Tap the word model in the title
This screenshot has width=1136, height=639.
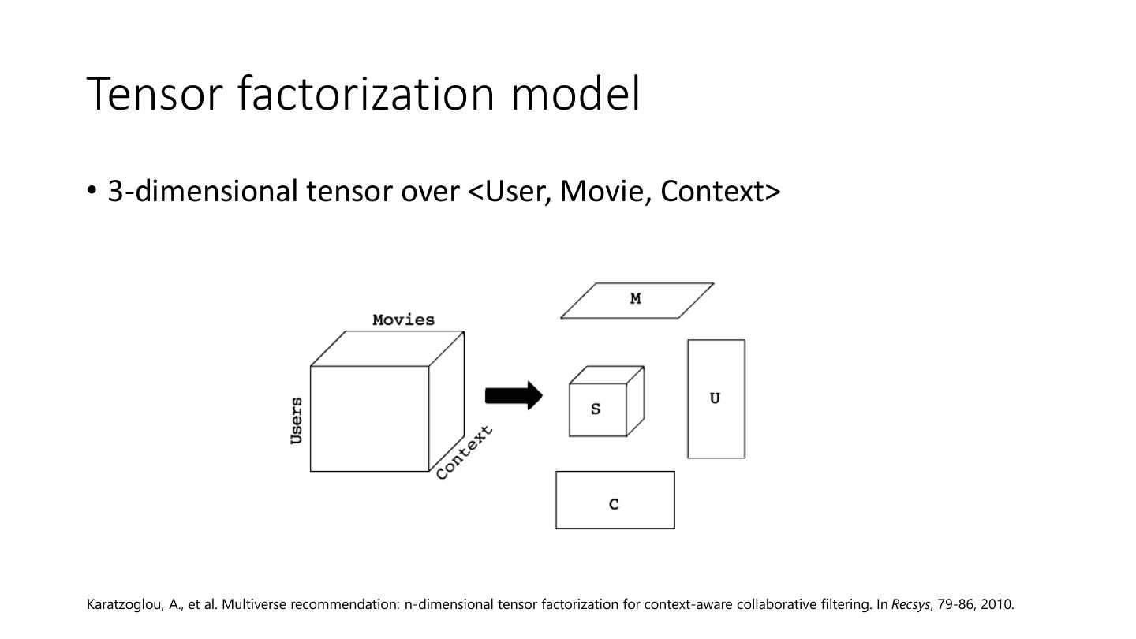point(575,94)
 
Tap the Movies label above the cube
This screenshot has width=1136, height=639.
point(403,319)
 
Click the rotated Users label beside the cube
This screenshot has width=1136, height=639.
point(297,420)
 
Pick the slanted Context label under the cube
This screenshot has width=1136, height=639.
point(464,452)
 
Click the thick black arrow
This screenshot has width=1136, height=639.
point(514,395)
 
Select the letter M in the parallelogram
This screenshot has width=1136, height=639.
point(636,299)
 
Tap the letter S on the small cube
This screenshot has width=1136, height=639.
point(596,409)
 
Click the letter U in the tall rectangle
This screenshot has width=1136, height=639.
point(715,398)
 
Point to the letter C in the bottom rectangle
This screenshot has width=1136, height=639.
point(615,504)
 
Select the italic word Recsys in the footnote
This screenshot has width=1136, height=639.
point(910,605)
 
